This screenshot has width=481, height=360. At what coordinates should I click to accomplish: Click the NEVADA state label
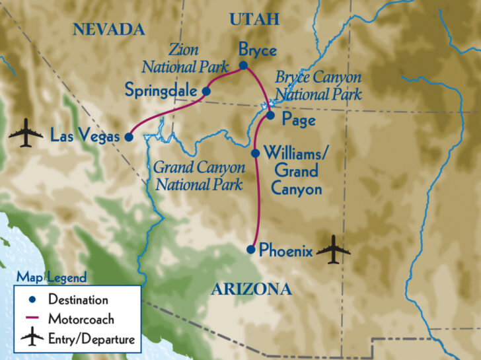tap(109, 29)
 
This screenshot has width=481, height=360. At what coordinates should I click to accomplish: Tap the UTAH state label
tap(254, 20)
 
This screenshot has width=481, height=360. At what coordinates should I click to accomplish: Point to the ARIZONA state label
tap(251, 289)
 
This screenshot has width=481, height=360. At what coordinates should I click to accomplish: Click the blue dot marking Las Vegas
tap(129, 137)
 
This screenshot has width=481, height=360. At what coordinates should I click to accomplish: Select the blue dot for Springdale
tap(206, 91)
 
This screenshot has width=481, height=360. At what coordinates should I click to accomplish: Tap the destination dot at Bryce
tap(243, 65)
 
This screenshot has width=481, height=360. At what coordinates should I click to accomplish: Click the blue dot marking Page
tap(270, 116)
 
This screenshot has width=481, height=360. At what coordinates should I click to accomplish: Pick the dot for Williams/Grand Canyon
tap(256, 153)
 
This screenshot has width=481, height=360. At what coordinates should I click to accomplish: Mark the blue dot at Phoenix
tap(250, 250)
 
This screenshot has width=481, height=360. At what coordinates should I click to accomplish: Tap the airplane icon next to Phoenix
tap(332, 250)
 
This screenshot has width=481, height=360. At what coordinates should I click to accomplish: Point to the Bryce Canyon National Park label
tap(318, 85)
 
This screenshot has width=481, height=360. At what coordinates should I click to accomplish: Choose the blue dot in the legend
tap(32, 300)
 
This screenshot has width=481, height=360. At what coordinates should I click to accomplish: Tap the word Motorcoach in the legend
tap(81, 319)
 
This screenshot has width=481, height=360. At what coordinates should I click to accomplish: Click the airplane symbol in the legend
tap(31, 339)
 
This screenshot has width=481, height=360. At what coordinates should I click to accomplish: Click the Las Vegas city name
tap(85, 137)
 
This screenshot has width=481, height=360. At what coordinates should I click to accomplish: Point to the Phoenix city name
tap(285, 250)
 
